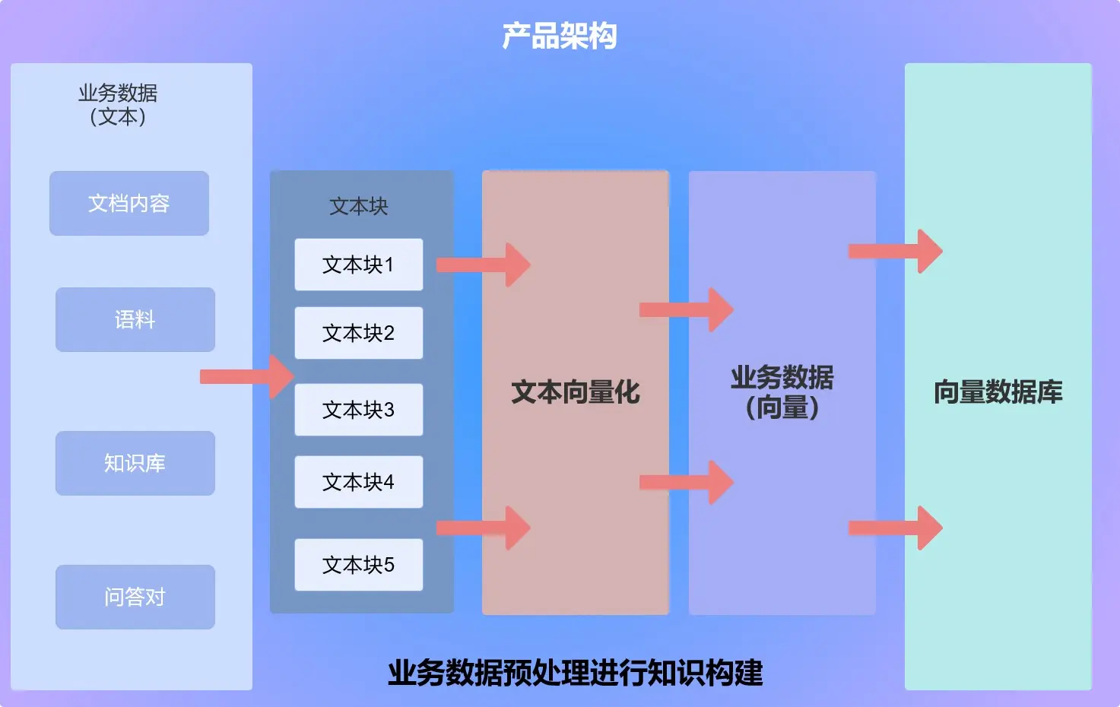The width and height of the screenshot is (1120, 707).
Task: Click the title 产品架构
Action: tap(560, 36)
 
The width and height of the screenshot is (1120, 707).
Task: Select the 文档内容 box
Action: tap(129, 203)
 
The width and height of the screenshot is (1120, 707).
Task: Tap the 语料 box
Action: tap(135, 319)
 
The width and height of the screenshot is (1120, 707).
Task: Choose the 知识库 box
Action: tap(135, 463)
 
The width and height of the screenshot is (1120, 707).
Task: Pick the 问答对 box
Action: tap(135, 597)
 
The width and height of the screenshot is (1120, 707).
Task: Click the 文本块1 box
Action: tap(358, 265)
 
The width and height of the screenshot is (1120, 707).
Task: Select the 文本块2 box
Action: tap(358, 333)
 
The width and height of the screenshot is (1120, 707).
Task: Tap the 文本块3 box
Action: tap(358, 410)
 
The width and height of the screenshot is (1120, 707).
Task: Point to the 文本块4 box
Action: tap(358, 482)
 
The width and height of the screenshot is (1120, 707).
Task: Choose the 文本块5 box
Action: tap(358, 565)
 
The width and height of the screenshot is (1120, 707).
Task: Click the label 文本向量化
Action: tap(576, 392)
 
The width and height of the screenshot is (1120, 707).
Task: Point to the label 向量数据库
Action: tap(998, 392)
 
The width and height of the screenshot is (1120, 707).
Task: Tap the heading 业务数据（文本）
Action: tap(118, 105)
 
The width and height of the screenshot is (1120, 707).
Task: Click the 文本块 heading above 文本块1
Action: tap(358, 206)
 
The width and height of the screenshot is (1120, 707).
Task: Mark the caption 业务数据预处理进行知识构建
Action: tap(575, 673)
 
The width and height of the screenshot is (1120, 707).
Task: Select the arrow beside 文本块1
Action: tap(484, 265)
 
